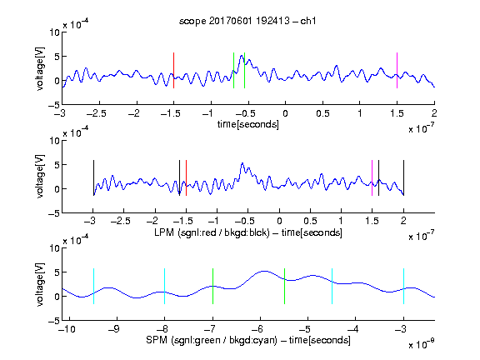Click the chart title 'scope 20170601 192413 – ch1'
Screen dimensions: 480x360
247,21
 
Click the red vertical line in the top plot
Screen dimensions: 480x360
174,70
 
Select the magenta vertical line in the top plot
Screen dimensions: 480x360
397,70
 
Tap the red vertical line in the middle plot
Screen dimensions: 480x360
186,177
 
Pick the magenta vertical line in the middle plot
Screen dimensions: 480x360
372,177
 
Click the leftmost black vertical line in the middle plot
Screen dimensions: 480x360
93,177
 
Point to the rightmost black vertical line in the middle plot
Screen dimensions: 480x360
403,177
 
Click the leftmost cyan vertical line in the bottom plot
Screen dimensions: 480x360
93,286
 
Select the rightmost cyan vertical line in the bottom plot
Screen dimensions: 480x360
403,286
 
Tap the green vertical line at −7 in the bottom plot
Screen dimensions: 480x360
212,286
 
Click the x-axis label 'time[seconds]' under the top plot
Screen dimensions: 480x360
248,124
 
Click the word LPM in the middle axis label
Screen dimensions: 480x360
164,232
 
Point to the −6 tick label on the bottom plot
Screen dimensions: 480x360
257,329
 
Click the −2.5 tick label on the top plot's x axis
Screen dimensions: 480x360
96,113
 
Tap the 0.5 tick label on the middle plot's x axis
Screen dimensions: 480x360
310,221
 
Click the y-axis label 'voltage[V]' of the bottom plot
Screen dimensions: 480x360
40,284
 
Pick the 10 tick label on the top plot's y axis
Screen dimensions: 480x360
55,32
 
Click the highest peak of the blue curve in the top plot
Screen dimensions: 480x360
242,55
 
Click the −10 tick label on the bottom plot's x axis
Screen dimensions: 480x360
67,329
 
